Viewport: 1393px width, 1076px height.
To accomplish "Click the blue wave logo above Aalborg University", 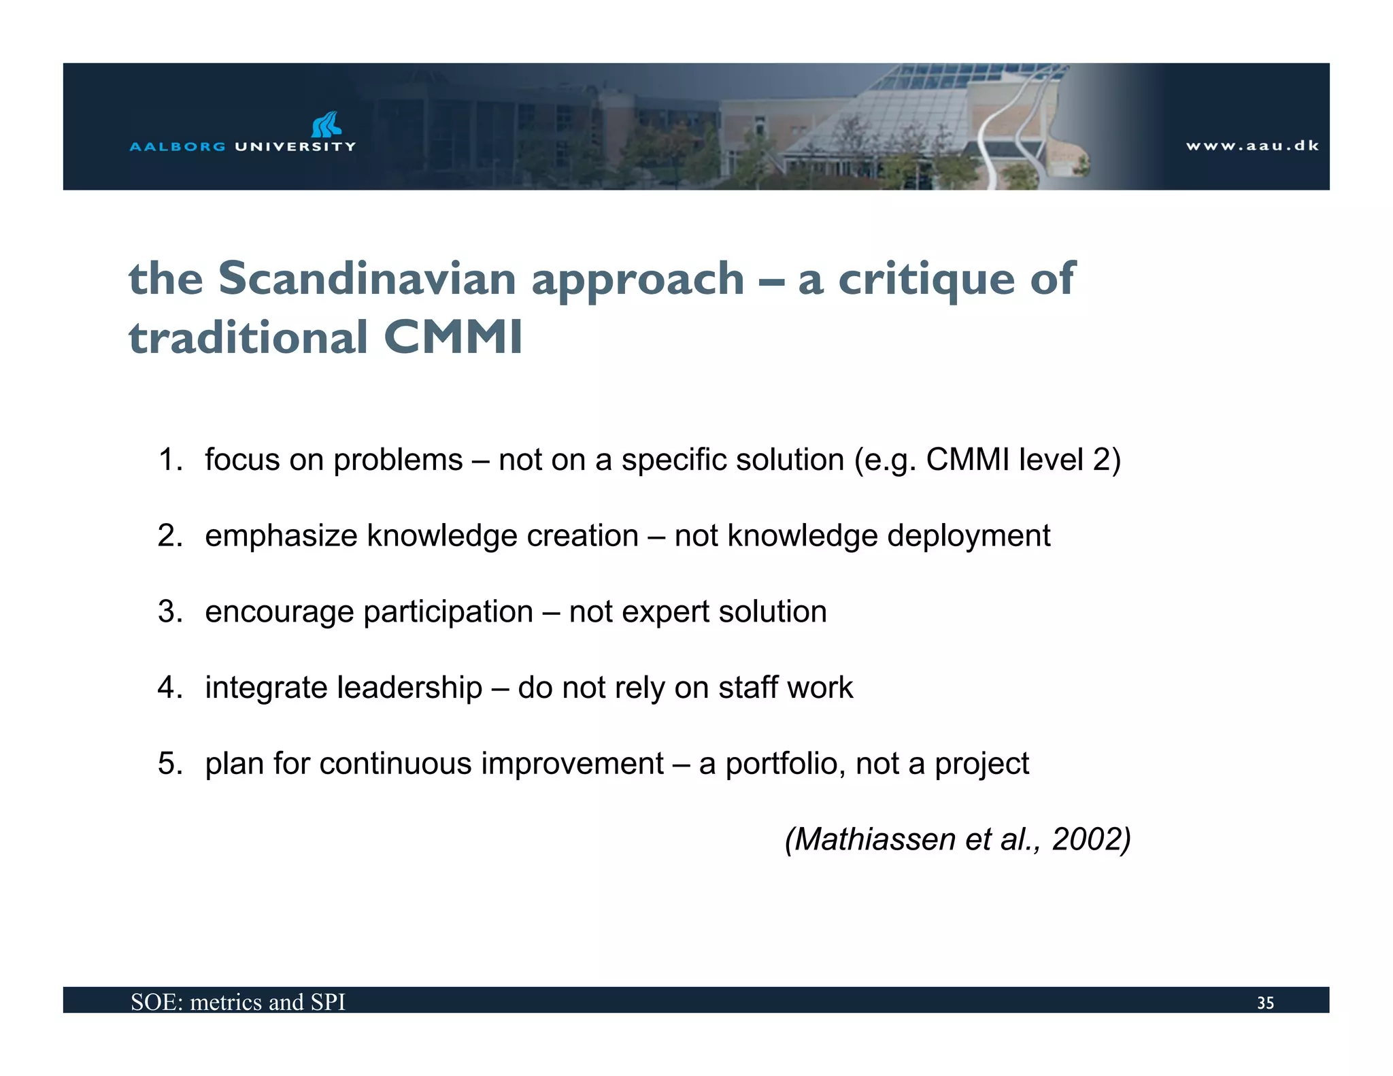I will click(326, 124).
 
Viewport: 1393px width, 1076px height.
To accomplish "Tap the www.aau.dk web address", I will click(1252, 146).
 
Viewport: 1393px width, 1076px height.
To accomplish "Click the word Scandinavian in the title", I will click(367, 278).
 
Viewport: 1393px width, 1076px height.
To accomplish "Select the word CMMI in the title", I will click(453, 337).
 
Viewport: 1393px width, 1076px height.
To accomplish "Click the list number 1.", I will click(170, 460).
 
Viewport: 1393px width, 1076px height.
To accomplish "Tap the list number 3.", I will click(170, 611).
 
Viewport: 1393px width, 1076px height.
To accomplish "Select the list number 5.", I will click(170, 763).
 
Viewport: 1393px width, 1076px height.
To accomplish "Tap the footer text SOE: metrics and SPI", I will click(238, 1002).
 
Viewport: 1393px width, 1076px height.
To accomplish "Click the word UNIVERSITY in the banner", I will click(295, 146).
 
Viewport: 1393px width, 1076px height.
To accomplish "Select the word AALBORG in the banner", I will click(178, 146).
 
